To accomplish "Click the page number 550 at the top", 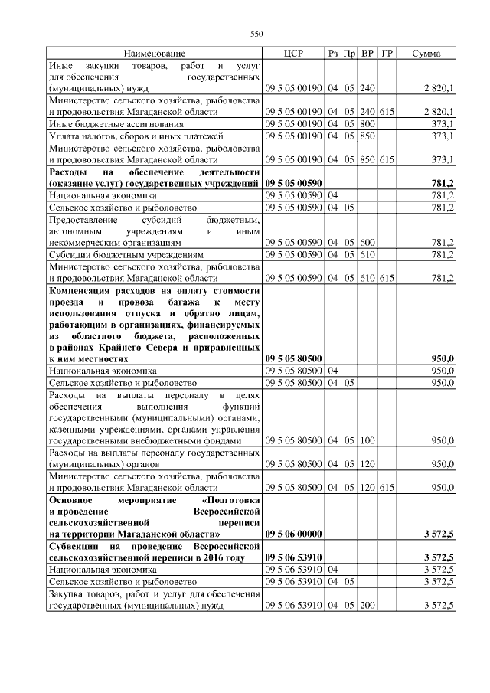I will [256, 33].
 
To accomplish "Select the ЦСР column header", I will [293, 54].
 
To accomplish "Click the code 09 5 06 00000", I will [293, 533].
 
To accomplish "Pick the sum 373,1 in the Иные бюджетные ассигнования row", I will [442, 124].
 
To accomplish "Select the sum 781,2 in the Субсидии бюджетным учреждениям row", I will [442, 255].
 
